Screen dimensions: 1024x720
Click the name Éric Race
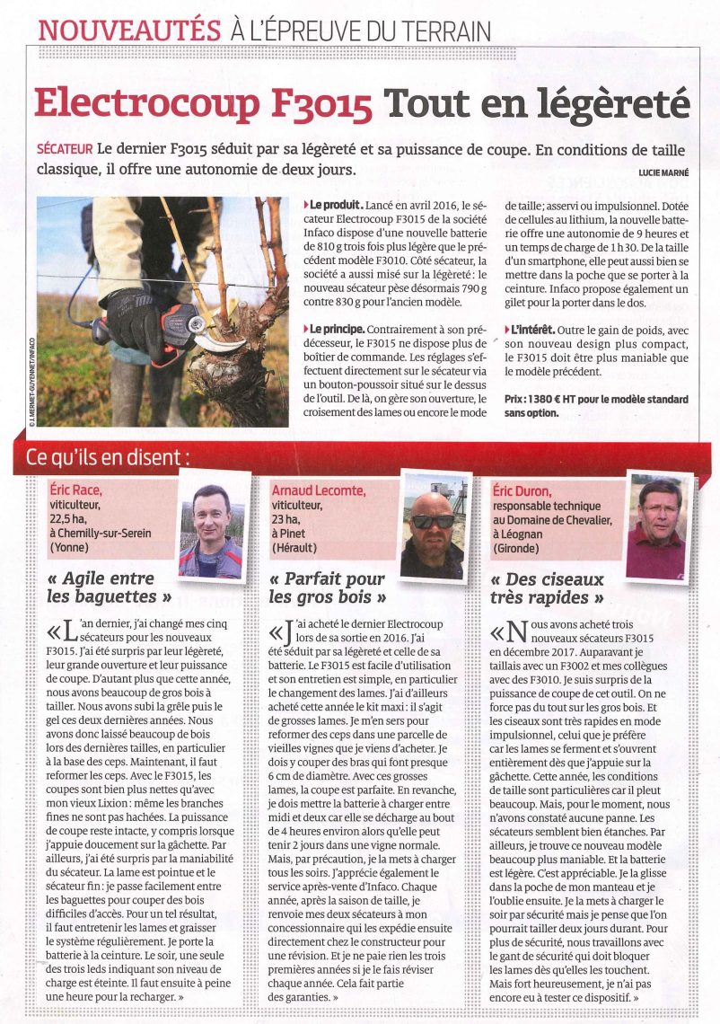click(x=76, y=490)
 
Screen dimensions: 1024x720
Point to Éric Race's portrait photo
click(x=212, y=531)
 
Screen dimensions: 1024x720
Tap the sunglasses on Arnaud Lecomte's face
click(x=433, y=521)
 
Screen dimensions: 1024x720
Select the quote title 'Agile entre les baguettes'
click(x=111, y=587)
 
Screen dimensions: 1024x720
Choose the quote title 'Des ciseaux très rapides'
click(x=548, y=588)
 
